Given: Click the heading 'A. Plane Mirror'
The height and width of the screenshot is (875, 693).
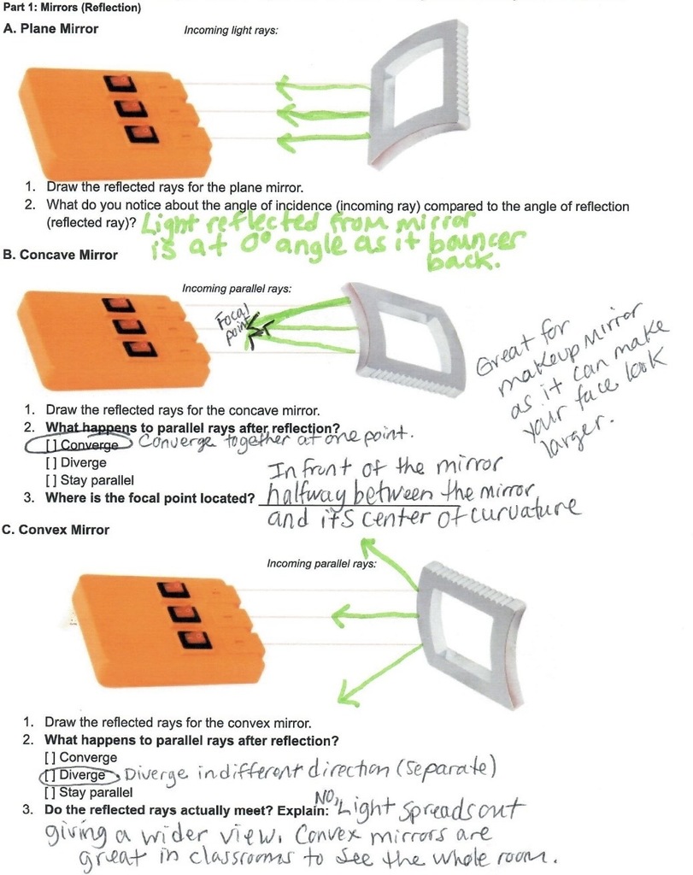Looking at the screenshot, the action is coord(50,28).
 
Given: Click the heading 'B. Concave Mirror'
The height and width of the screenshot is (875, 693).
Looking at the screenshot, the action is coord(61,255).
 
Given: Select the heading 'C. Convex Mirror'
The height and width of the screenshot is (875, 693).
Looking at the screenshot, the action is coord(56,530).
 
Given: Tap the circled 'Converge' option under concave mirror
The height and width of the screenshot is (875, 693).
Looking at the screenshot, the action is coord(79,444).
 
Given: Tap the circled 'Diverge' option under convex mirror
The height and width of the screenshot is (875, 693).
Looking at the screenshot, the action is coord(79,775).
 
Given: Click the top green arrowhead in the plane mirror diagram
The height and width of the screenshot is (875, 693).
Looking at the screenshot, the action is coord(286,86).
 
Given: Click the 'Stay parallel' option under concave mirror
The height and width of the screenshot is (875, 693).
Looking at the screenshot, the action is coord(90,480).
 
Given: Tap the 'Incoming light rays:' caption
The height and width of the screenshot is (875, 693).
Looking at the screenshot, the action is coord(231,30).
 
